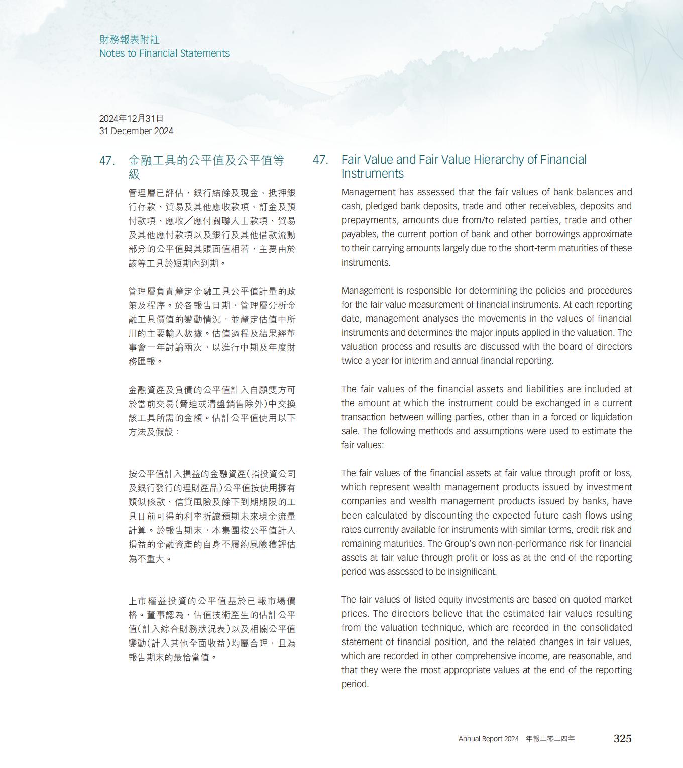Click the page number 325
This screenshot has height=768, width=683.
click(622, 738)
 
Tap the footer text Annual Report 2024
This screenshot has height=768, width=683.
click(488, 739)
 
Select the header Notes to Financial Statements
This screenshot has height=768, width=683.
click(164, 53)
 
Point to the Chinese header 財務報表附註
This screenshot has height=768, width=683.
click(129, 39)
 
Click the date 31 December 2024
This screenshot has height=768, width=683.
click(136, 131)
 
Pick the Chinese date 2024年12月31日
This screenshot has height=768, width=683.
click(132, 118)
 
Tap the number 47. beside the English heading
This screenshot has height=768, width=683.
click(320, 160)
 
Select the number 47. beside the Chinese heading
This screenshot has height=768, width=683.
click(107, 161)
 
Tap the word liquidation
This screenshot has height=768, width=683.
click(610, 417)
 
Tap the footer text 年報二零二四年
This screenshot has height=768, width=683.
click(550, 739)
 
